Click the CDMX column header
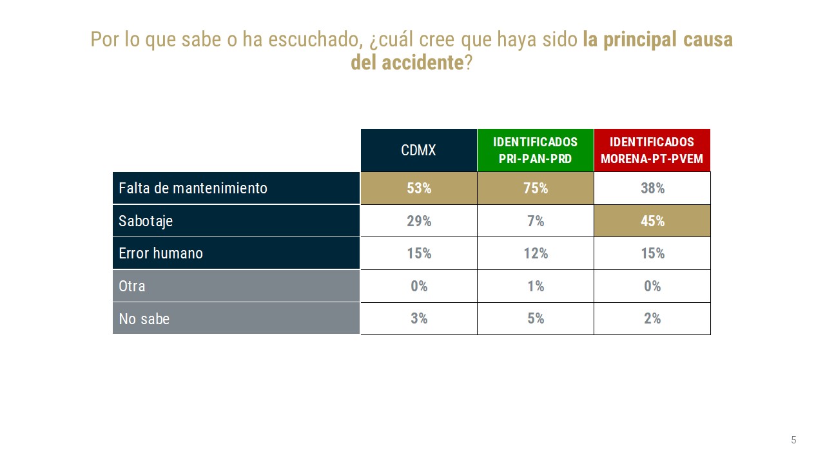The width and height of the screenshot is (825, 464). (x=418, y=150)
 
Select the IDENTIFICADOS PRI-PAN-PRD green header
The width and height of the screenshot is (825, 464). (x=535, y=150)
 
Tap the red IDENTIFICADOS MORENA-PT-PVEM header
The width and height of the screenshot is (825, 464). (x=652, y=150)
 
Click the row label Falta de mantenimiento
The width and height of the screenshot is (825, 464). (x=193, y=188)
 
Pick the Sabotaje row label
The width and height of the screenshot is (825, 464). (x=146, y=221)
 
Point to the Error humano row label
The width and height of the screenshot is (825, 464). (x=160, y=253)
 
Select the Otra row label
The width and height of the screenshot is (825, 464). (x=132, y=286)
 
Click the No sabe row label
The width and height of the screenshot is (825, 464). (x=144, y=318)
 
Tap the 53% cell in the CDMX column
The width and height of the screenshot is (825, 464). (x=418, y=188)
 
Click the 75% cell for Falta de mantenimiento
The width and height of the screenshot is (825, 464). (x=535, y=188)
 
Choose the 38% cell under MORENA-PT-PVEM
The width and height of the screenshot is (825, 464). (x=652, y=188)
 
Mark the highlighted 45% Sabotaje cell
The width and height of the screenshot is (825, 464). (x=652, y=221)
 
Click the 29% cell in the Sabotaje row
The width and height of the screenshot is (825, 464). (x=418, y=221)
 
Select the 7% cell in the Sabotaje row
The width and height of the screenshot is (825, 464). (x=535, y=221)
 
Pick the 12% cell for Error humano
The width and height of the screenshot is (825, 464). (x=535, y=253)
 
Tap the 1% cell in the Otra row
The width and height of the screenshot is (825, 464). (x=535, y=286)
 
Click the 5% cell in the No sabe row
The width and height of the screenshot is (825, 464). (x=535, y=318)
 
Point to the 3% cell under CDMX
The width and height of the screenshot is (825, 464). (x=418, y=318)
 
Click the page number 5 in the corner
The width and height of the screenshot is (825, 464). (x=793, y=440)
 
